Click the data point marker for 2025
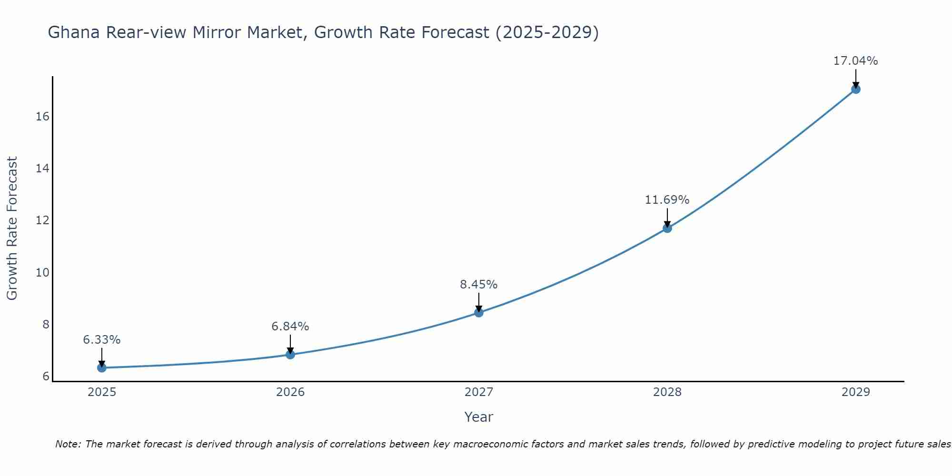101,367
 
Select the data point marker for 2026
290,354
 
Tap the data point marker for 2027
479,312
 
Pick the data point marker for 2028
667,228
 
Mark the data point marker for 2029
856,89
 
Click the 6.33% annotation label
101,340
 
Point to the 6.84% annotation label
290,327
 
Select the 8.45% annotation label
479,285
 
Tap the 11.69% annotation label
667,200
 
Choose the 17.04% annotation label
856,61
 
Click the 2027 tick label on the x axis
479,392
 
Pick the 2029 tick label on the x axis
856,392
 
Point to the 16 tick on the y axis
43,117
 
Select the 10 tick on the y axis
43,272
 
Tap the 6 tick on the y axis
46,377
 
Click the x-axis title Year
479,417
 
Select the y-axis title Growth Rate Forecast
12,228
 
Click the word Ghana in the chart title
74,32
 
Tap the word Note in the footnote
69,444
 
